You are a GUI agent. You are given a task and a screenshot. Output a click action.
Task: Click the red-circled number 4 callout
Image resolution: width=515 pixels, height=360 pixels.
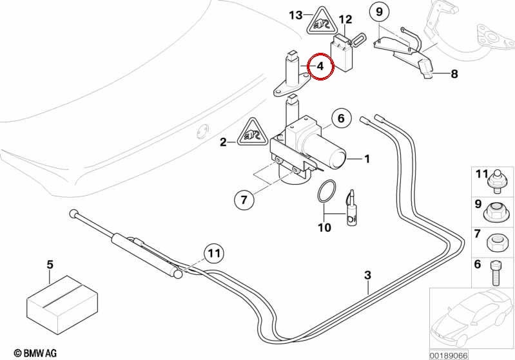click(320, 66)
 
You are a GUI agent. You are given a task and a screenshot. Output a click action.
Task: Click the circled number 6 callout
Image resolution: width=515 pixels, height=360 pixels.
click(341, 118)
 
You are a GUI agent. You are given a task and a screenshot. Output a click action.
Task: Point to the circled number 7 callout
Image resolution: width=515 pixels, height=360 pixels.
click(244, 200)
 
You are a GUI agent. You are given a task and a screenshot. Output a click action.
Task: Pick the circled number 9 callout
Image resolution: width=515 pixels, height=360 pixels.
click(380, 12)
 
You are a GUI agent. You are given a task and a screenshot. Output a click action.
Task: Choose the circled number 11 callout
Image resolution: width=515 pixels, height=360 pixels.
click(214, 253)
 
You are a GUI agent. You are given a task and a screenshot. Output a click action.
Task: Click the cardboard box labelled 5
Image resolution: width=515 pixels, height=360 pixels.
click(63, 305)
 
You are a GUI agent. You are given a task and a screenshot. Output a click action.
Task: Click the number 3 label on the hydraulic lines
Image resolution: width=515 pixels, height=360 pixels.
click(367, 275)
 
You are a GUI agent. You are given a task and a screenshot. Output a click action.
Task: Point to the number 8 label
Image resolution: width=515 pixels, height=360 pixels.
click(454, 74)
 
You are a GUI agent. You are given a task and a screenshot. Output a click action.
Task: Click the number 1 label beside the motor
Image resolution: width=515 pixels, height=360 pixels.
click(367, 159)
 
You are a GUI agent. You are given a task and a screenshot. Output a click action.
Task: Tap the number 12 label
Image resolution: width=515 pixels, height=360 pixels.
click(345, 20)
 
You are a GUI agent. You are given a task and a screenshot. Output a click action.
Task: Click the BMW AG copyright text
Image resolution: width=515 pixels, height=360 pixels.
click(35, 353)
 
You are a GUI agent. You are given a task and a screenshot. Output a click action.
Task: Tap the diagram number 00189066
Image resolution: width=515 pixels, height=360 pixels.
click(449, 355)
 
